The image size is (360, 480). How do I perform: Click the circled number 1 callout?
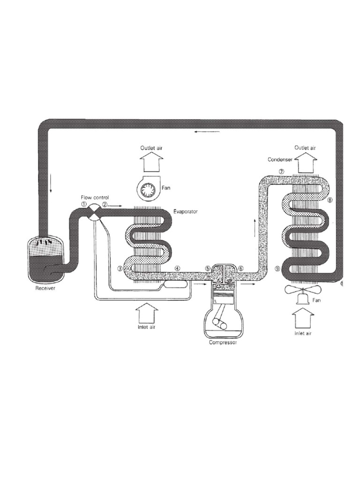click(x=83, y=204)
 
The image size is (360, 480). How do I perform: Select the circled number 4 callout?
click(x=177, y=268)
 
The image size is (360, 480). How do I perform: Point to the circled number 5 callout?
click(x=207, y=268)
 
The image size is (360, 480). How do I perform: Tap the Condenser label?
click(x=280, y=159)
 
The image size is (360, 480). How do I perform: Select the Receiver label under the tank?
click(x=46, y=289)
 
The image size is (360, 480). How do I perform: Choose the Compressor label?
click(x=223, y=343)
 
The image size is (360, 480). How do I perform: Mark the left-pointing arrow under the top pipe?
click(x=200, y=132)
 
